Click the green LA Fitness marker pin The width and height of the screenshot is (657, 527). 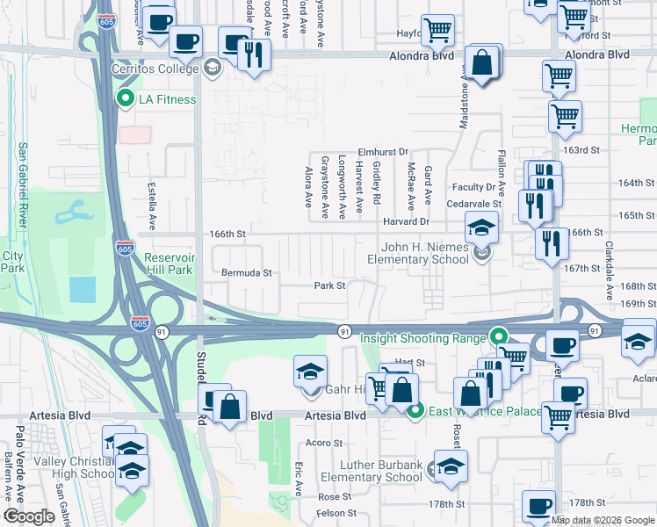coord(126,99)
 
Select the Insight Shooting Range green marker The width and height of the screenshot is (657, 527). coord(499,336)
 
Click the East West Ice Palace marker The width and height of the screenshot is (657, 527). coord(416,409)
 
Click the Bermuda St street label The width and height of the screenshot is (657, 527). coord(246,273)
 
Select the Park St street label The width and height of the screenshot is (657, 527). coord(329,285)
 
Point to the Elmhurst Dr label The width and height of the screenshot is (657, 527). coord(382,151)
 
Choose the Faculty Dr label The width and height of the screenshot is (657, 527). coord(474,187)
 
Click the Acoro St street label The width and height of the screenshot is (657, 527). coord(322,443)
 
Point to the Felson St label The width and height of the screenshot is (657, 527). coord(336,513)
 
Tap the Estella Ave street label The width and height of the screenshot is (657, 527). coord(151,202)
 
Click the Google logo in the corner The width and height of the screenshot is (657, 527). coord(29,516)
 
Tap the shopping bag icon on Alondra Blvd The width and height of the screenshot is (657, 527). coord(482,62)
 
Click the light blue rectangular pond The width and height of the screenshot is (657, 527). coord(82,289)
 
